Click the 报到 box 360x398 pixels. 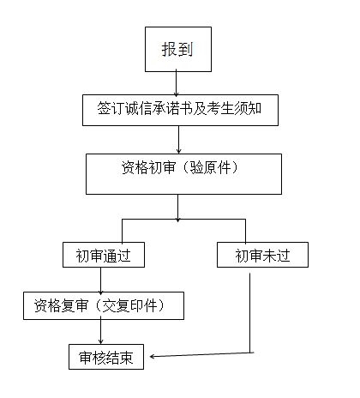[178, 49]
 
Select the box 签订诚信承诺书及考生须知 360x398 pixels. [180, 110]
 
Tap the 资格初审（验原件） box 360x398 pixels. [183, 174]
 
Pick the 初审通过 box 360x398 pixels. [104, 255]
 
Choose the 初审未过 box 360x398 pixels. [262, 255]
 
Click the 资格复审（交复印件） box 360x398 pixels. [104, 305]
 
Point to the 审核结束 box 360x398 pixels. [106, 357]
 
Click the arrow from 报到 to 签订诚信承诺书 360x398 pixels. [176, 83]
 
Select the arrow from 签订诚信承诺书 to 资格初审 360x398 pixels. [179, 140]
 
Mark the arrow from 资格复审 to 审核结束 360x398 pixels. [100, 330]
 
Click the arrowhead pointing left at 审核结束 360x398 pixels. [153, 356]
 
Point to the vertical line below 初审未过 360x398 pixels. [250, 313]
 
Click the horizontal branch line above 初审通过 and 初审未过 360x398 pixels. [183, 220]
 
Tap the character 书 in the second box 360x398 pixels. [186, 108]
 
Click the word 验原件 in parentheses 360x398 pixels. [210, 167]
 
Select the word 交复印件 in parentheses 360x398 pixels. [129, 305]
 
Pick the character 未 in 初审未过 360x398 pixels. [269, 256]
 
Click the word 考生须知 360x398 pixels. [234, 108]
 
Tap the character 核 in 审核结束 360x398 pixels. [99, 358]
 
